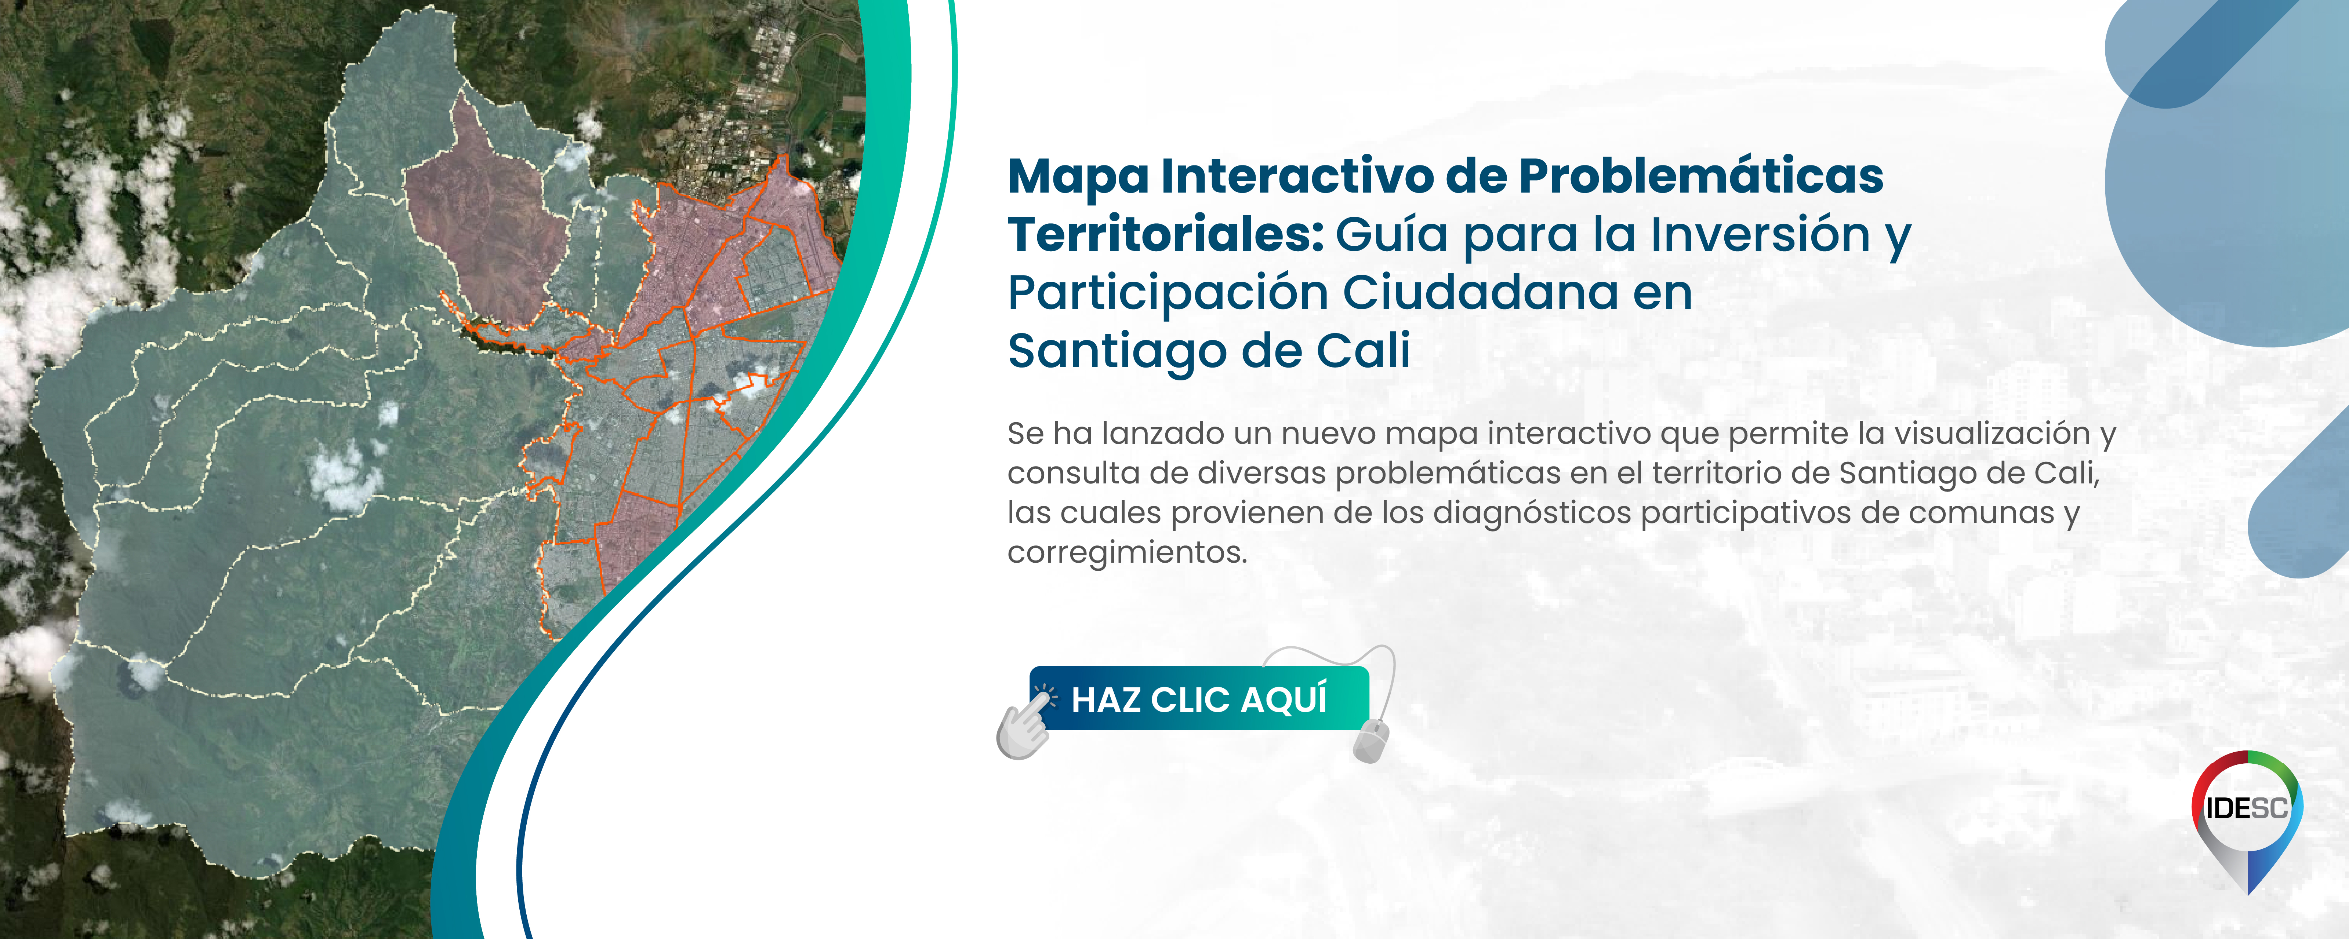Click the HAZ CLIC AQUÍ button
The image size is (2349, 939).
coord(1199,699)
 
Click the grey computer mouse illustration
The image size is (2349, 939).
coord(1370,739)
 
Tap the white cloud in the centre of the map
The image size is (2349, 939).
coord(345,476)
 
